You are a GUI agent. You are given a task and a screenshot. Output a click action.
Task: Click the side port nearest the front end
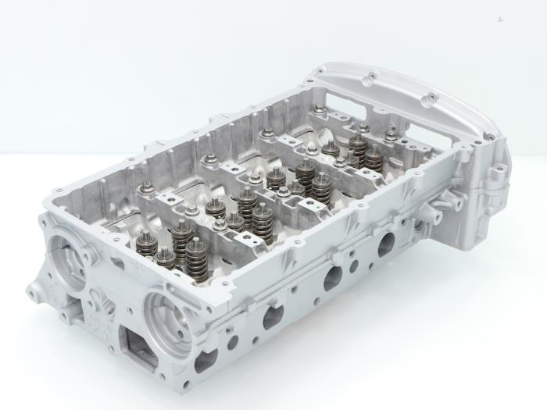(206, 360)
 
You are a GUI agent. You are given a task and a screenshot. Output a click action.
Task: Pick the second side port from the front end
(273, 316)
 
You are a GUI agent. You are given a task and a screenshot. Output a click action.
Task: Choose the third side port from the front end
(333, 277)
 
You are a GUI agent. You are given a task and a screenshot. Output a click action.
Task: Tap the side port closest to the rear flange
(386, 244)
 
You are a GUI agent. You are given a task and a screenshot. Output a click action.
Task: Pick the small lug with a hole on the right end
(488, 187)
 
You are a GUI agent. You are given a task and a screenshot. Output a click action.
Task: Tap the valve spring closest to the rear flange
(357, 144)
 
